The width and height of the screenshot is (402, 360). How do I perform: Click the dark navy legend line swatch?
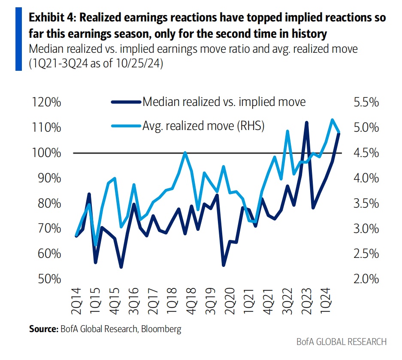[126, 103]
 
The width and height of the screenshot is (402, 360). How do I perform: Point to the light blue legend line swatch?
[126, 126]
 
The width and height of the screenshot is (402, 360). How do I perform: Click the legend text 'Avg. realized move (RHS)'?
[203, 126]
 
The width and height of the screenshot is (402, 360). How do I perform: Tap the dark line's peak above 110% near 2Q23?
[306, 123]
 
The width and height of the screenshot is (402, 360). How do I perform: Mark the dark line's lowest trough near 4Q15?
[121, 267]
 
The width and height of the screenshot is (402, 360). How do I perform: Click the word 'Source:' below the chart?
[42, 330]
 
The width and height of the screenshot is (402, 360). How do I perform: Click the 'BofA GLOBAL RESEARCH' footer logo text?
[342, 342]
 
